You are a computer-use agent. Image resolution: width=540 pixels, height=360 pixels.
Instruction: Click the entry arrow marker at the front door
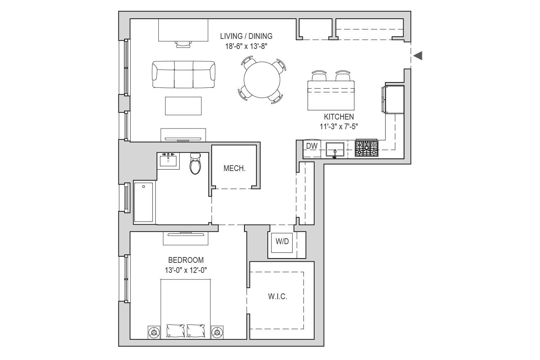click(418, 56)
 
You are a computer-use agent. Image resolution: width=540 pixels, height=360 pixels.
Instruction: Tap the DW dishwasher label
click(312, 146)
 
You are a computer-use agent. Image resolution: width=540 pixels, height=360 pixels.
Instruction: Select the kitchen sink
click(335, 149)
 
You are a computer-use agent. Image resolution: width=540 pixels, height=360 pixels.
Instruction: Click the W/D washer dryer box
click(282, 243)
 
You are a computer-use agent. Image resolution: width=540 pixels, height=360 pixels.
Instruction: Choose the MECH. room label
click(234, 168)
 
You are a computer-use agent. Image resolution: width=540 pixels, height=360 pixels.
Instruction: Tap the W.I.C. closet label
click(278, 296)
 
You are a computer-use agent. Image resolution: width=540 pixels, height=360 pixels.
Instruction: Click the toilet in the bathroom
click(195, 163)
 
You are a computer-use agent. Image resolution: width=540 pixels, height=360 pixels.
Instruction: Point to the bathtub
click(143, 202)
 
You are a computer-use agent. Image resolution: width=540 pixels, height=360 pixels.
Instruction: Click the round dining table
click(262, 80)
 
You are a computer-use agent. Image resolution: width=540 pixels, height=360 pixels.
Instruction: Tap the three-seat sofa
click(184, 74)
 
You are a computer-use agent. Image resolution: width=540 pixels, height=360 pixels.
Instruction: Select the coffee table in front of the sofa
click(183, 106)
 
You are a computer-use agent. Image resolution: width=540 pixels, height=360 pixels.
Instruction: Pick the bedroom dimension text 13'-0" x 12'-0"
click(186, 270)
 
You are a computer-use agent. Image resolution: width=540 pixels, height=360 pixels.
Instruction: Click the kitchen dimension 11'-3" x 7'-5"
click(339, 127)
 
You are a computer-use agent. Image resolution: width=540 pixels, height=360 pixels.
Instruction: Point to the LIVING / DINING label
click(246, 36)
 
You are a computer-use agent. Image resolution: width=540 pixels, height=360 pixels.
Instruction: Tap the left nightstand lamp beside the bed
click(154, 333)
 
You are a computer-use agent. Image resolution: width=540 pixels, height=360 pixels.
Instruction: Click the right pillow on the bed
click(196, 330)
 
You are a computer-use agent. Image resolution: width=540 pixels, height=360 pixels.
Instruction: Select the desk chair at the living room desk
click(184, 44)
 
